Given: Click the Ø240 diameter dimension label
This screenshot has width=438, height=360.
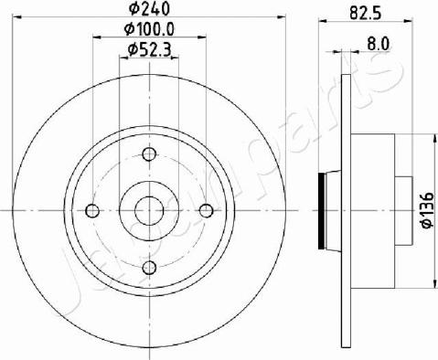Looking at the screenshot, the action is [149, 8].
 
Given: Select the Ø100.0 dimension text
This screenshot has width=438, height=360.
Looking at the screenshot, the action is [149, 29].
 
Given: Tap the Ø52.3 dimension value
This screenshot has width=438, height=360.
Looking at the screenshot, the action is [149, 49].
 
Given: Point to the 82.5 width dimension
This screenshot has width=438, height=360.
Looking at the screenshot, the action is [366, 13].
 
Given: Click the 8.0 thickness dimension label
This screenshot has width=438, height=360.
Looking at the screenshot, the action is [379, 44].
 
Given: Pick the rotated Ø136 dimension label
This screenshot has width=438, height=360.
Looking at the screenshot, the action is [427, 210].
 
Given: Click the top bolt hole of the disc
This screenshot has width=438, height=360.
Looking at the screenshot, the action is [149, 154].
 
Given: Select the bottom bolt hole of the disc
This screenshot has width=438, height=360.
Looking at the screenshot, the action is [149, 268].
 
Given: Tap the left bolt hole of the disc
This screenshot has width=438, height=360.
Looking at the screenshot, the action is [92, 210].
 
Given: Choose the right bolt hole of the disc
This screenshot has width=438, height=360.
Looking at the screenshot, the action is [207, 210].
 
